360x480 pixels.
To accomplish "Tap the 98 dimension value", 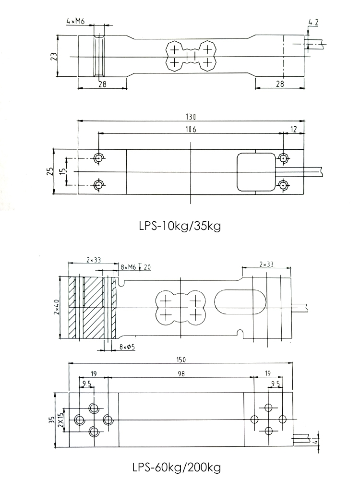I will [180, 373].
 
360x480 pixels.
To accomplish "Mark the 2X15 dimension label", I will [60, 420].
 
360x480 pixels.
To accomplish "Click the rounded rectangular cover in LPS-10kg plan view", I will [254, 171].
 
